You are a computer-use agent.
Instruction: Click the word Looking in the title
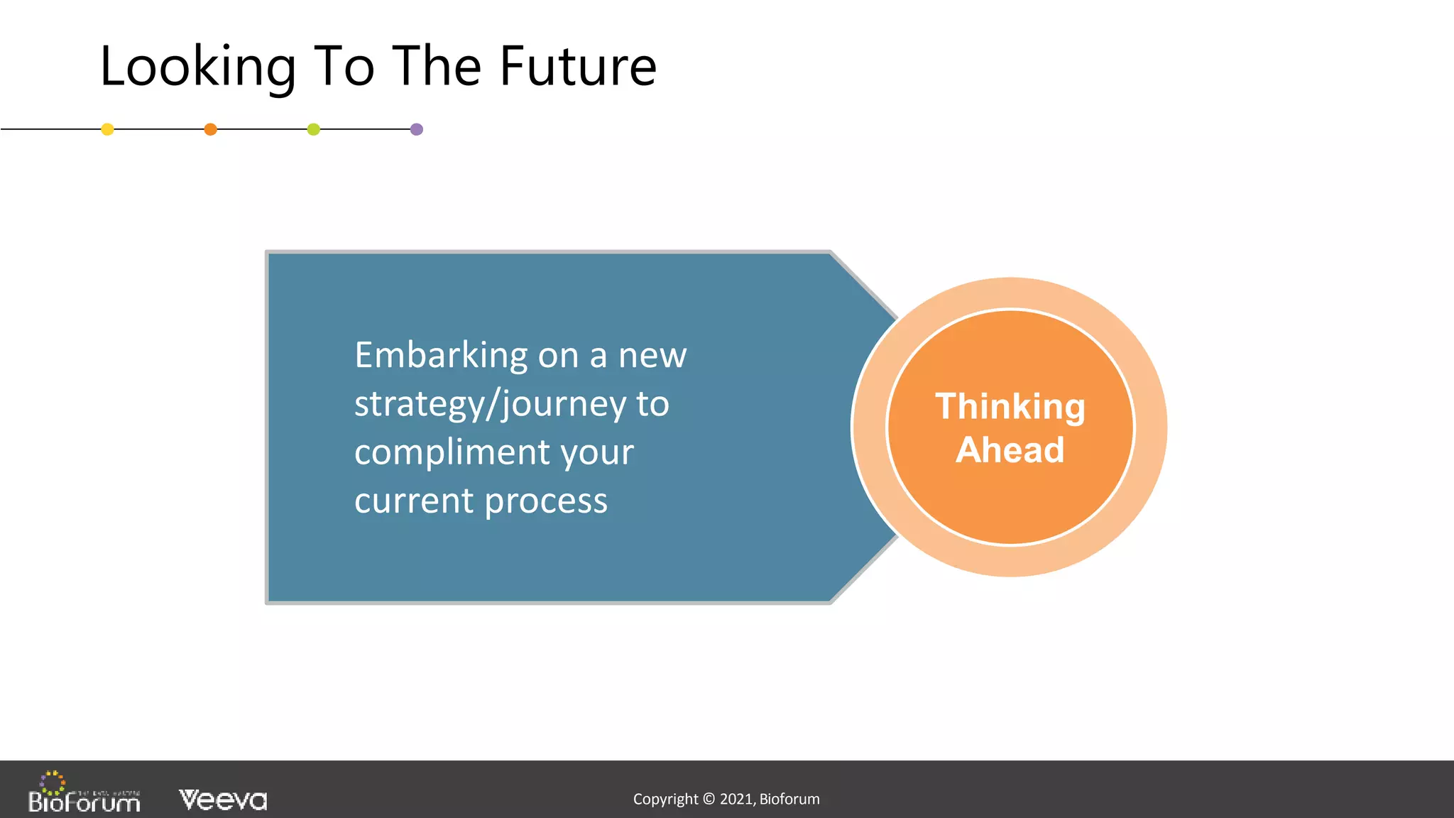197,67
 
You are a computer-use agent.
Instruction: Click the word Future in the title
578,67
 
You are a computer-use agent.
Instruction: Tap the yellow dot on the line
107,129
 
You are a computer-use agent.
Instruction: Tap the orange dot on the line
210,129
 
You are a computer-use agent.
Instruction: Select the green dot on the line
313,129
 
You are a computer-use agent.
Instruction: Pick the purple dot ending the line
417,129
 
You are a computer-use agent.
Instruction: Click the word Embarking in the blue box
441,355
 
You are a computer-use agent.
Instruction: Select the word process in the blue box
546,501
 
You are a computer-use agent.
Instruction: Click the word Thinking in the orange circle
1010,407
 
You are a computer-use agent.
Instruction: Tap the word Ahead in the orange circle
1010,450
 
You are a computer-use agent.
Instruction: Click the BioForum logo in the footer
84,794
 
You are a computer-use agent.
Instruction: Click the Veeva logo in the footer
223,800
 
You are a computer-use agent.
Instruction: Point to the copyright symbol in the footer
709,799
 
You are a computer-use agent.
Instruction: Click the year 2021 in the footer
736,799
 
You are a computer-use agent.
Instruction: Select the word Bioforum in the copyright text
789,799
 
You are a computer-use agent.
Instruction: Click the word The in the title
437,67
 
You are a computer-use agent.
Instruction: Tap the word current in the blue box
414,501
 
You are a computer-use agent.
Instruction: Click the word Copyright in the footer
665,799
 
